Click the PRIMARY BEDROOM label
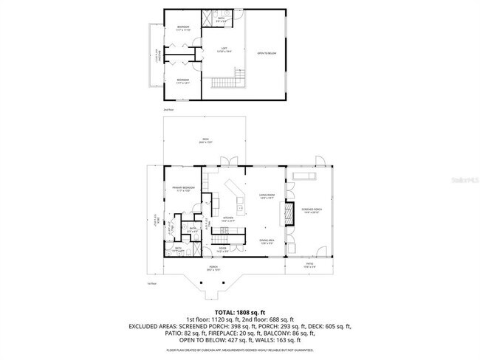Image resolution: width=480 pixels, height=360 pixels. click(x=182, y=190)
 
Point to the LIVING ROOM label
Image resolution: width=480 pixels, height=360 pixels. click(x=267, y=196)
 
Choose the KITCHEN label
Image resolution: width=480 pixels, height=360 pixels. click(x=228, y=220)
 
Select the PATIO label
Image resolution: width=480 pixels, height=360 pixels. click(x=311, y=266)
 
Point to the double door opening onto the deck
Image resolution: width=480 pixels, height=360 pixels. click(x=230, y=162)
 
